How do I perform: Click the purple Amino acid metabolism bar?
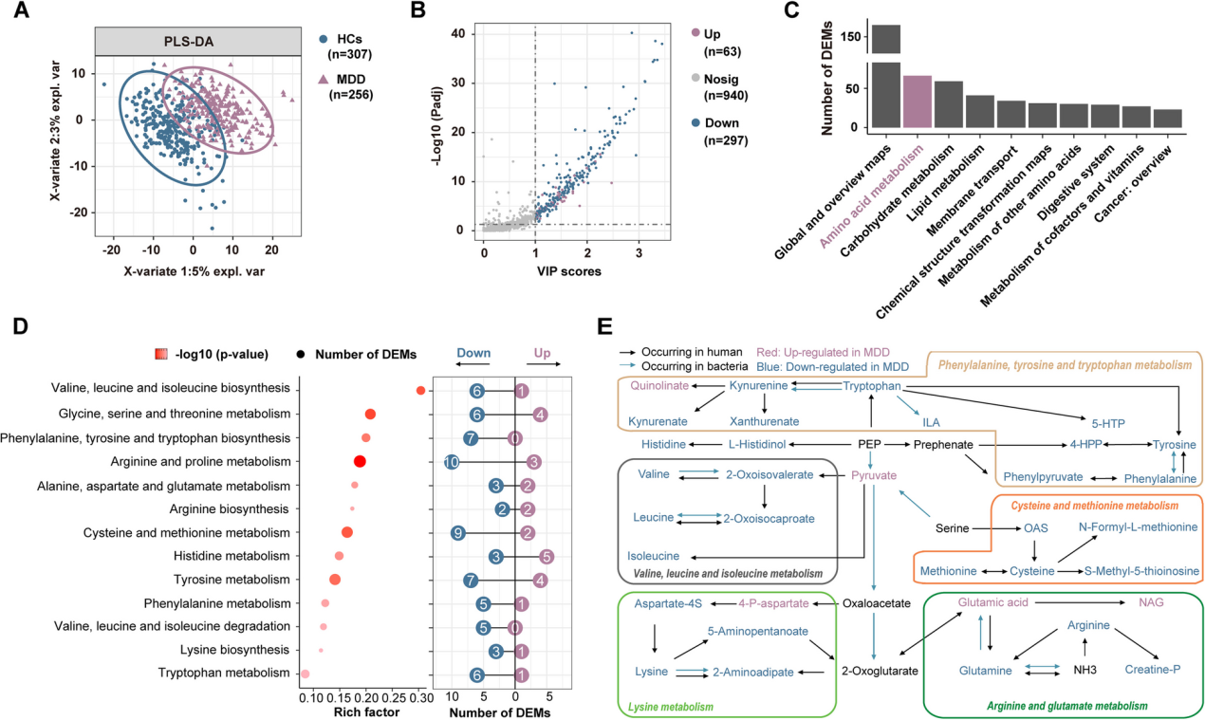(917, 102)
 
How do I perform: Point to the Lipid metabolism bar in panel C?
(979, 111)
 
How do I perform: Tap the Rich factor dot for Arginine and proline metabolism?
(361, 461)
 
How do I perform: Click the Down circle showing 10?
(452, 461)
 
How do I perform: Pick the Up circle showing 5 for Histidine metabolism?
(546, 556)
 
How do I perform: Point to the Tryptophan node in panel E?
(872, 386)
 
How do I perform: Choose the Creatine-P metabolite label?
(1153, 670)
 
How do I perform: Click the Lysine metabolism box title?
(671, 707)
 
